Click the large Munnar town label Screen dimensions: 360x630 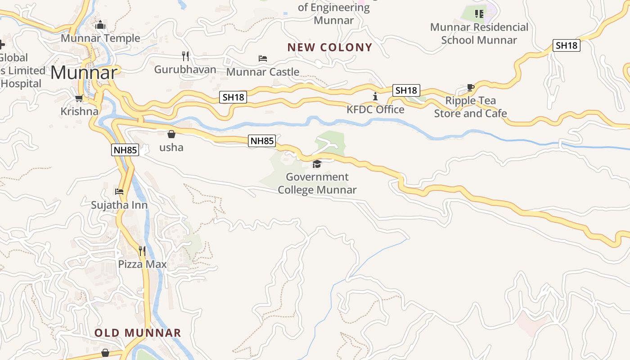pyautogui.click(x=84, y=72)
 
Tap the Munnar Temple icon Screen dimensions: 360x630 pyautogui.click(x=100, y=25)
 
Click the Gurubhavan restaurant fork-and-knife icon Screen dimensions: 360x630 pyautogui.click(x=185, y=56)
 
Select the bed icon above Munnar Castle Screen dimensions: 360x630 pyautogui.click(x=263, y=58)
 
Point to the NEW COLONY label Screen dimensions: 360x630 pyautogui.click(x=330, y=47)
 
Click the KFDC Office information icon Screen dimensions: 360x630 pyautogui.click(x=375, y=96)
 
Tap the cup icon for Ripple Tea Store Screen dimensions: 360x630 pyautogui.click(x=470, y=87)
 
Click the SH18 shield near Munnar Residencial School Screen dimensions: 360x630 pyautogui.click(x=566, y=45)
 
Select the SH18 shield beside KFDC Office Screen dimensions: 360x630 pyautogui.click(x=406, y=90)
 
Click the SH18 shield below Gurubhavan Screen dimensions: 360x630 pyautogui.click(x=233, y=97)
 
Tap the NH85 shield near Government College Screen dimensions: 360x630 pyautogui.click(x=262, y=141)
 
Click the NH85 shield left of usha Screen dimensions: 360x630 pyautogui.click(x=125, y=150)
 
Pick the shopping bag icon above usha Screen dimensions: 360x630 pyautogui.click(x=171, y=134)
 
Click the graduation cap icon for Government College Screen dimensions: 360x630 pyautogui.click(x=317, y=164)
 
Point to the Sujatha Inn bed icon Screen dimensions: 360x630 pyautogui.click(x=119, y=192)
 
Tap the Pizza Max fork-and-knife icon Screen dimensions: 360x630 pyautogui.click(x=142, y=251)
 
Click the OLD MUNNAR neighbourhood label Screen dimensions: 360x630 pyautogui.click(x=138, y=333)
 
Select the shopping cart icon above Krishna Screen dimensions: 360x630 pyautogui.click(x=79, y=98)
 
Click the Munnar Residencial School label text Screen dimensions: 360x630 pyautogui.click(x=479, y=33)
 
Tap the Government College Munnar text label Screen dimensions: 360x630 pyautogui.click(x=317, y=183)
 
